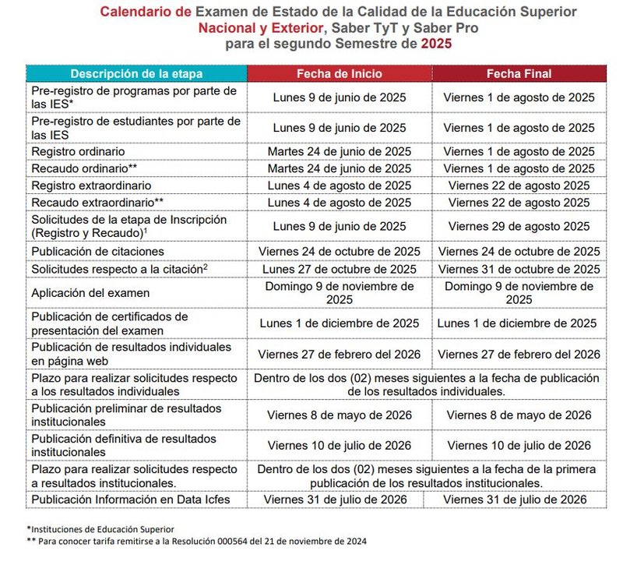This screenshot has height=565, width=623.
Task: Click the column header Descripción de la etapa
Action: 136,74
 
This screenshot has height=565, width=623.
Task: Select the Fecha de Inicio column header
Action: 339,74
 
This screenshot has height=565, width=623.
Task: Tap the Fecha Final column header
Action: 519,74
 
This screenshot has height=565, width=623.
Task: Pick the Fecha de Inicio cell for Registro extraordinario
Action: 339,185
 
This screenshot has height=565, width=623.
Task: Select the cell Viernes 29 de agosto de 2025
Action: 519,227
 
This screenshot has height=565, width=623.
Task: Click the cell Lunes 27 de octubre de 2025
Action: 339,269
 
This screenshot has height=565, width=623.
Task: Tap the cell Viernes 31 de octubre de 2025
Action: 519,269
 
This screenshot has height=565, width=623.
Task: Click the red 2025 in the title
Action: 435,44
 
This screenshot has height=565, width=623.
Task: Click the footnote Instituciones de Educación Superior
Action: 101,529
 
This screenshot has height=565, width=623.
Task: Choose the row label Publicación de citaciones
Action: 97,252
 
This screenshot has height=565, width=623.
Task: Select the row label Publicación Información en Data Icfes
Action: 131,500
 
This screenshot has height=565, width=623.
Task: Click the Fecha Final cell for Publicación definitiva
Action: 519,446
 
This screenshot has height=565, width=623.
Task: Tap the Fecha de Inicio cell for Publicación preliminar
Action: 339,415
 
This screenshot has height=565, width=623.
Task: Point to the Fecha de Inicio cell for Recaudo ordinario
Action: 339,168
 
